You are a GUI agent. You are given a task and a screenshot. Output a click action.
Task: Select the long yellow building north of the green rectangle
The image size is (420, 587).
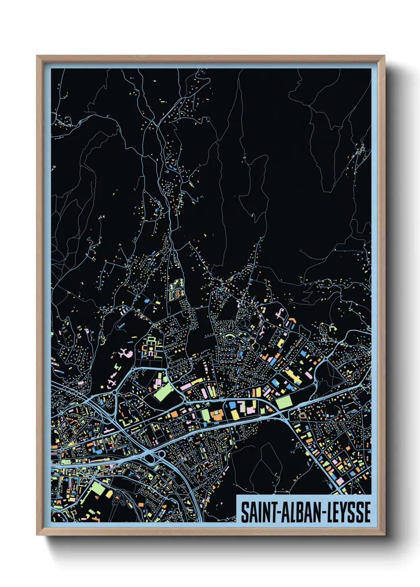pyautogui.click(x=293, y=376)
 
